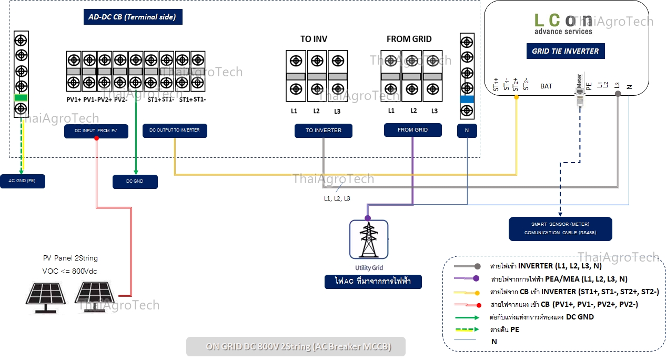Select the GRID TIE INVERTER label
coord(566,51)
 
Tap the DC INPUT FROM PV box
coord(96,131)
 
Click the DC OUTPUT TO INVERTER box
coord(175,131)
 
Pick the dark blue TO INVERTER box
coord(324,131)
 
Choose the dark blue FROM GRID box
coord(412,130)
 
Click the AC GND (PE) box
coord(23,181)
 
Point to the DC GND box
coord(135,182)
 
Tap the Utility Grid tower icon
coord(368,240)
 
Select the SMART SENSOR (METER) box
coord(560,229)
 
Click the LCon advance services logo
coord(563,24)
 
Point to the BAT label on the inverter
coord(546,86)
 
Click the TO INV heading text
coord(314,39)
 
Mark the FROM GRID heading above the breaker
coord(409,39)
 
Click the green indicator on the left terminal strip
coord(21,97)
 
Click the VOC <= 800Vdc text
coord(70,271)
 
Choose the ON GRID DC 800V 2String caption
coord(296,347)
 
